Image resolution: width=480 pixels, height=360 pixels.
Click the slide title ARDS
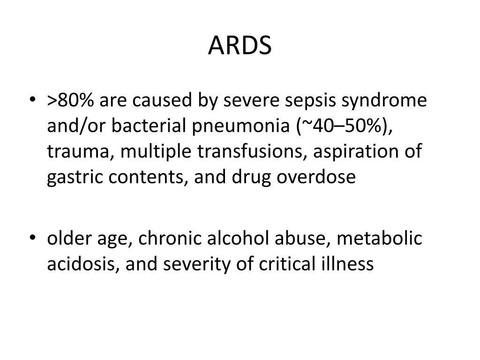pos(240,45)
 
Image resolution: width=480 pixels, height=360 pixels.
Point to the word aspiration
pos(345,152)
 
